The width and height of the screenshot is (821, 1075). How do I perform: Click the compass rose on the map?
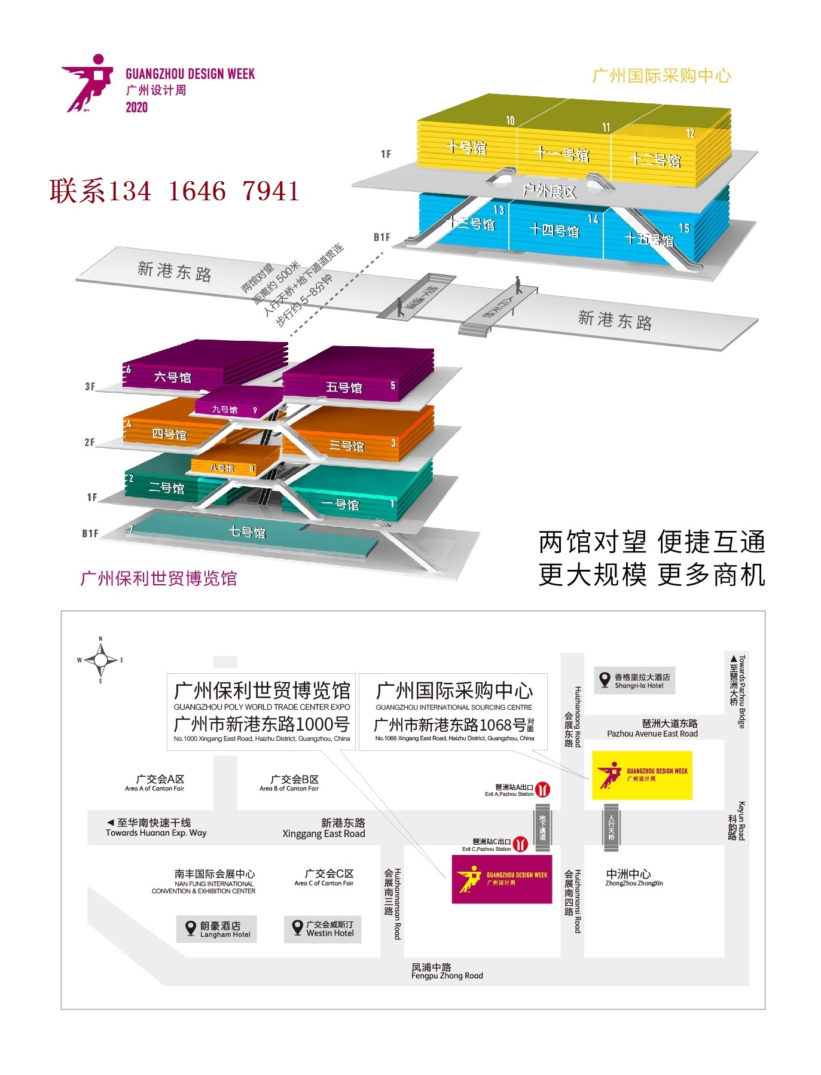point(100,660)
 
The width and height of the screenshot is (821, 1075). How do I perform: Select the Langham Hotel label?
point(216,929)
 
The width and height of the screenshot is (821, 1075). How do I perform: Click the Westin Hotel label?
point(322,929)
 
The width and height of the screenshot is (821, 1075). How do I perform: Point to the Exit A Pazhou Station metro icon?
point(542,789)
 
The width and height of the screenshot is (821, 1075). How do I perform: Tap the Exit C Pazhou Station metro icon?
point(521,844)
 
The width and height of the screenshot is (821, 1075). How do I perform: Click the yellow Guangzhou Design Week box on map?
point(642,775)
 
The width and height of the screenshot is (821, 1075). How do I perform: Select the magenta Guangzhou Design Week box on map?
point(502,878)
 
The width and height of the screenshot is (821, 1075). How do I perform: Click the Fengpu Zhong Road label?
point(447,971)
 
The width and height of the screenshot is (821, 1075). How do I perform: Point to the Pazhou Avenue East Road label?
point(652,728)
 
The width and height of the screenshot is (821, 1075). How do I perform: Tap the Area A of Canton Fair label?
point(155,783)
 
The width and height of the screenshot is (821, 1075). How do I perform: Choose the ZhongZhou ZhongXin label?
point(634,877)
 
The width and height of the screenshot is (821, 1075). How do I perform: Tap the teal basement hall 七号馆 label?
point(247,532)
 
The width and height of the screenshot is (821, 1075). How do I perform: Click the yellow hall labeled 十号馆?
point(466,147)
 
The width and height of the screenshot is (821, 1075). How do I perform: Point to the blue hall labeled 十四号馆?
point(555,230)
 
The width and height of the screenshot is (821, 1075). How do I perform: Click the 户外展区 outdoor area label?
point(550,191)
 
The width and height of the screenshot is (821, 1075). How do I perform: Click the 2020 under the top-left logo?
point(136,108)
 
